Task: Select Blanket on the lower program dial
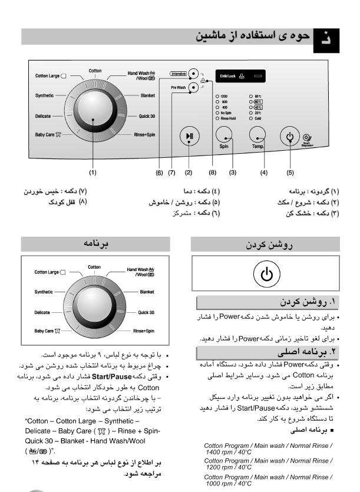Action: coord(147,291)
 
